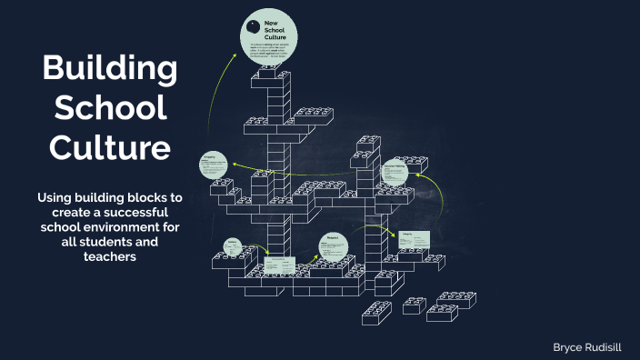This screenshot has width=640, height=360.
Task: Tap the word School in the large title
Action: (109, 108)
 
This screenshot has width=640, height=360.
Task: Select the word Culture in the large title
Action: (109, 145)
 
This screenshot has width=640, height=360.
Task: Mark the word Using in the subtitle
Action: (53, 197)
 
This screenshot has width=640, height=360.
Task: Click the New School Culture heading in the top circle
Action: (275, 28)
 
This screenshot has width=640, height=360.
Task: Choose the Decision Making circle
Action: (394, 172)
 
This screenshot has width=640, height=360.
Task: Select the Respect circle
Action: (333, 245)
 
